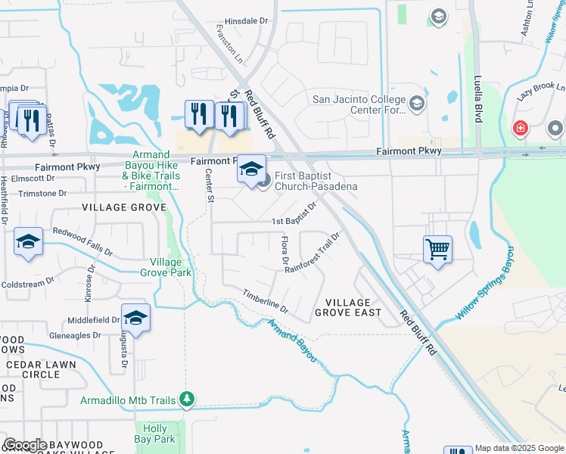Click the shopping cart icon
pos(438,249)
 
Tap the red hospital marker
pos(520,128)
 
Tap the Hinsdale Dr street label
pos(247,22)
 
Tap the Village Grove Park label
pos(165,267)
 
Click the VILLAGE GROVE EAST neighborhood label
pos(348,306)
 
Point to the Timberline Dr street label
pos(265,300)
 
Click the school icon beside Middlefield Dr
pos(135,318)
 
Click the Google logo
pos(25,445)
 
